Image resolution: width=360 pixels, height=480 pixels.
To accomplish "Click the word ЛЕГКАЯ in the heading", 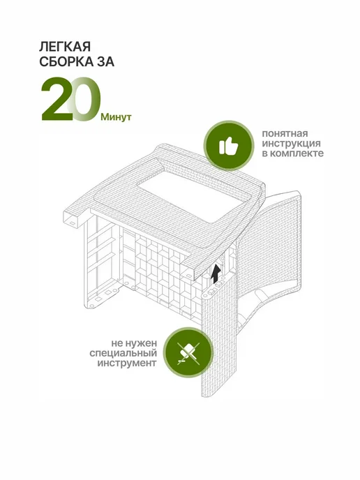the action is (x=65, y=47).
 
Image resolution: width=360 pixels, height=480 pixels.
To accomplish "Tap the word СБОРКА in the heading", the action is (x=67, y=62).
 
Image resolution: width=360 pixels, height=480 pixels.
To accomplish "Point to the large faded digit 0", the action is (x=84, y=99).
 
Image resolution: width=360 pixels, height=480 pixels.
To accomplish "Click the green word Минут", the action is (x=116, y=117).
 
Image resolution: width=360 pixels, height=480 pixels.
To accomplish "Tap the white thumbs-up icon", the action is (x=228, y=146).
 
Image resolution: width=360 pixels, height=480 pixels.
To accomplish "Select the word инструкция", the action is (x=291, y=144).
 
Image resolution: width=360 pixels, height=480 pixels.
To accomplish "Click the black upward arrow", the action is (x=216, y=273).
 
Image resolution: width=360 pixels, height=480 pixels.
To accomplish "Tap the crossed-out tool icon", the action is (x=188, y=353).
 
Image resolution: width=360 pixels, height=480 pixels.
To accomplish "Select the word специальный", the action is (x=123, y=353).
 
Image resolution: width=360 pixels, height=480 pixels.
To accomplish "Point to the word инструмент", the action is (x=127, y=363).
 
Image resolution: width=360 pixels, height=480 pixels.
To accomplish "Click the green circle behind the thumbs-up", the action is (x=229, y=146).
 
